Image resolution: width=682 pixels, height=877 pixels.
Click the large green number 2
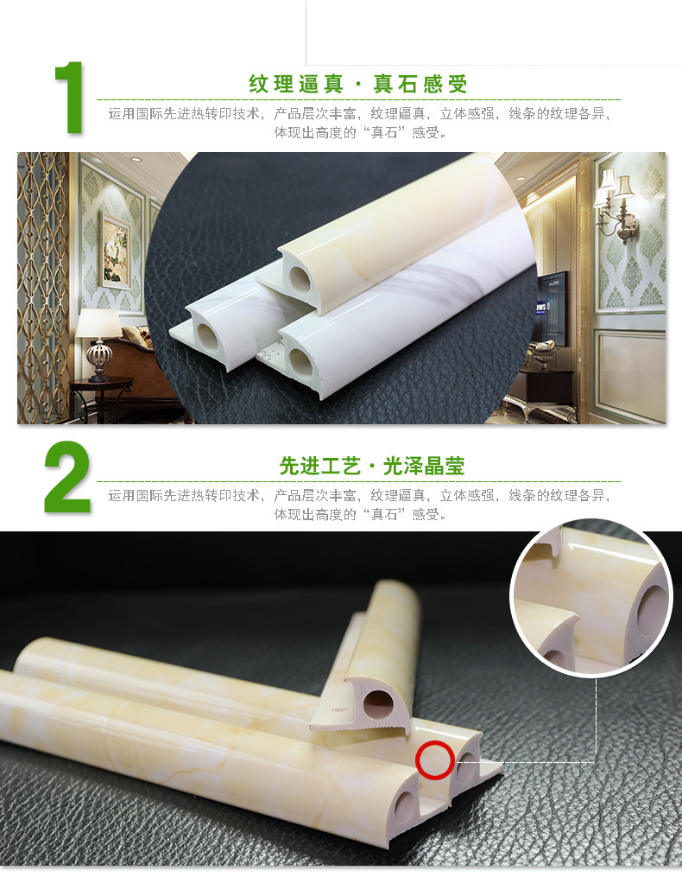67,477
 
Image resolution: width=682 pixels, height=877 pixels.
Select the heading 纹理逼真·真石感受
357,85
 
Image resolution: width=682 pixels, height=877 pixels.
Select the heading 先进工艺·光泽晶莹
372,466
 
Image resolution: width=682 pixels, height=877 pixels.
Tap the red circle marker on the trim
434,760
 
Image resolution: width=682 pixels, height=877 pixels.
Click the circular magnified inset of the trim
591,601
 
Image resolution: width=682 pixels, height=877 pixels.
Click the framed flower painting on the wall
115,250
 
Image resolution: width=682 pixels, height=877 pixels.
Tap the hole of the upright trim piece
378,702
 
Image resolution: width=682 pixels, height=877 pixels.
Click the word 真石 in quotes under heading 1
384,132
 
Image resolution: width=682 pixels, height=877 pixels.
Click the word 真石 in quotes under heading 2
384,514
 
